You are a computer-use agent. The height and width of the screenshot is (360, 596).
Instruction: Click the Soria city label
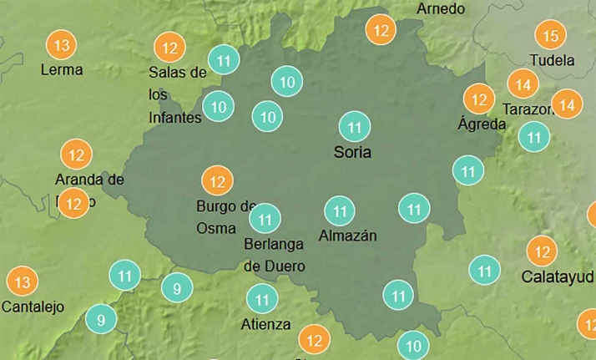tap(352, 153)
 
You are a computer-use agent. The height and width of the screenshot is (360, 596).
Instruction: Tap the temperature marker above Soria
tap(354, 128)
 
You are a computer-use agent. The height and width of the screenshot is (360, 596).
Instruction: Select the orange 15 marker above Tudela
tap(549, 36)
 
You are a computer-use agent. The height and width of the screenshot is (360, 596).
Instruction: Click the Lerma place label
tap(62, 69)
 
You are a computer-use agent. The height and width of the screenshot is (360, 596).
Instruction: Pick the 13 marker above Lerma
tap(60, 43)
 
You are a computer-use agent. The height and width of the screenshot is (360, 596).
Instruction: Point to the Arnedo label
tap(440, 8)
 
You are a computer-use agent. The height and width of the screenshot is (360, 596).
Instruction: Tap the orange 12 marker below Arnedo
tap(381, 31)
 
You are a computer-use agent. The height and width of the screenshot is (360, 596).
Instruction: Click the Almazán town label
tap(347, 236)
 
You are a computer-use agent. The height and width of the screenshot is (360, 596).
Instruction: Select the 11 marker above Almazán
tap(339, 210)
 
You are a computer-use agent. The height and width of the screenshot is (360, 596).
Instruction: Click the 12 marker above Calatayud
tap(542, 250)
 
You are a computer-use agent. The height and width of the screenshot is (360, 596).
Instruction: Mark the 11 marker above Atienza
tap(262, 298)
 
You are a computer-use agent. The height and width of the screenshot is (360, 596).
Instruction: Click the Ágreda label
tap(482, 124)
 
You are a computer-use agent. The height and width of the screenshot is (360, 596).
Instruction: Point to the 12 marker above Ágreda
tap(479, 99)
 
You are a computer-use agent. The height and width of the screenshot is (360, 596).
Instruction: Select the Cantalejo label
tap(33, 307)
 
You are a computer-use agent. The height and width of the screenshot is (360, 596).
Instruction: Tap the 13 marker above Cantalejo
tap(22, 281)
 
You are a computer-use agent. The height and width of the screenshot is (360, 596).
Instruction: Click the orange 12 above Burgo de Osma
tap(217, 180)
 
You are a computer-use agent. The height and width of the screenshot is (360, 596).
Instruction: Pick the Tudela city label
tap(553, 60)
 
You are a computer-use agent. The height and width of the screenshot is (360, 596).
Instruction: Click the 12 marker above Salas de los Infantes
tap(170, 46)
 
